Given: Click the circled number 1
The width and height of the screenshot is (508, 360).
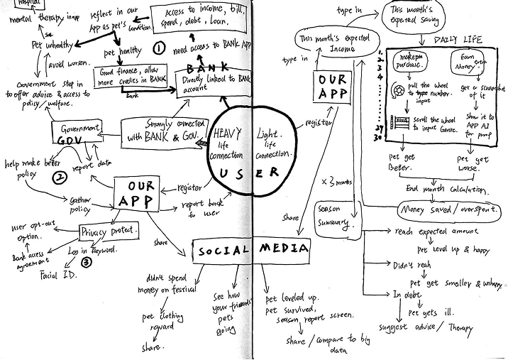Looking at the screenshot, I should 159,49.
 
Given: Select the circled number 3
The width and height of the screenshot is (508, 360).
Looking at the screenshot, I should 86,261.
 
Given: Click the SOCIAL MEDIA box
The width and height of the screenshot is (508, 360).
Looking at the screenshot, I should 252,250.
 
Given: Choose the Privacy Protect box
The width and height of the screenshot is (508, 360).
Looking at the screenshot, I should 109,231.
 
